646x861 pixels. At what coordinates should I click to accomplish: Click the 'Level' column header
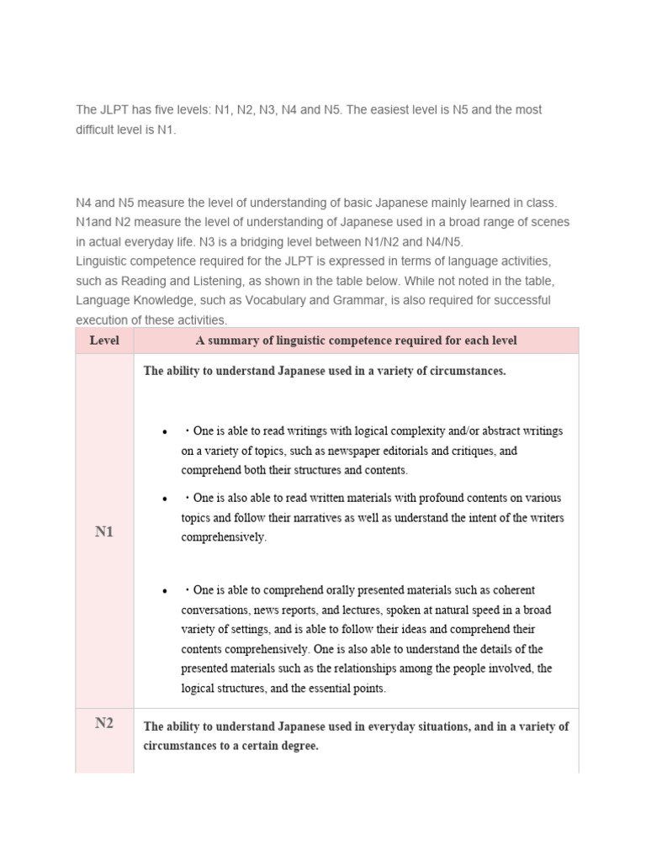(x=104, y=341)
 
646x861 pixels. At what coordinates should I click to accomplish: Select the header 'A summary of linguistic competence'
(x=356, y=341)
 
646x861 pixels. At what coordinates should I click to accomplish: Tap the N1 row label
(x=104, y=531)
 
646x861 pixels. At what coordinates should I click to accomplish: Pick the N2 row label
(x=104, y=723)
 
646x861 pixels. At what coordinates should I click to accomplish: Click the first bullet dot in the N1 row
(x=166, y=432)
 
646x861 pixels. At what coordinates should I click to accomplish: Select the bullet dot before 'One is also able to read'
(x=166, y=499)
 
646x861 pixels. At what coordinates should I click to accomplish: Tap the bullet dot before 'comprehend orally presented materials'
(x=166, y=591)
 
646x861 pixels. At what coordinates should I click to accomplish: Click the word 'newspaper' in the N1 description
(x=367, y=451)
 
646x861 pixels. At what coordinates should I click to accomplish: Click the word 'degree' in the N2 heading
(x=299, y=746)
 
